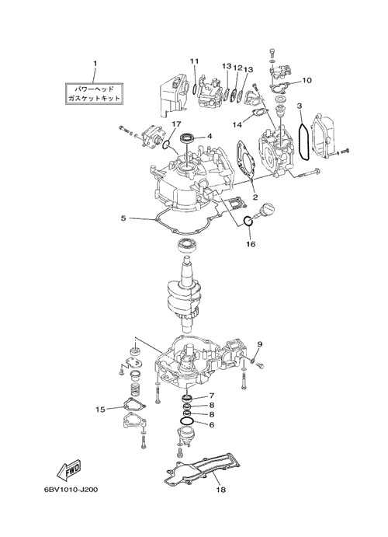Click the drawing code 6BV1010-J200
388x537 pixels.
[x=71, y=490]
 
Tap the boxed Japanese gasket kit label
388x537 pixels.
[x=94, y=93]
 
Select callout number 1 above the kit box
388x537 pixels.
[x=95, y=64]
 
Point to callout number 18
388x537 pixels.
[x=221, y=490]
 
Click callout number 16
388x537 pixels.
[x=251, y=244]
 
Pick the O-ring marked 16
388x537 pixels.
[x=248, y=221]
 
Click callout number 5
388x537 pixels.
[x=123, y=218]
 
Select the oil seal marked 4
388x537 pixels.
[x=187, y=138]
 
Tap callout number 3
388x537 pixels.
[x=300, y=106]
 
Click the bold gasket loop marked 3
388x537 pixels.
[x=303, y=141]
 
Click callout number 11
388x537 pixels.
[x=195, y=61]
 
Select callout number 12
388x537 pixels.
[x=237, y=68]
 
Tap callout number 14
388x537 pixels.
[x=237, y=124]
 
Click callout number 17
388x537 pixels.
[x=176, y=124]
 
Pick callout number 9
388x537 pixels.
[x=260, y=343]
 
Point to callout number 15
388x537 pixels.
[x=100, y=410]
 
